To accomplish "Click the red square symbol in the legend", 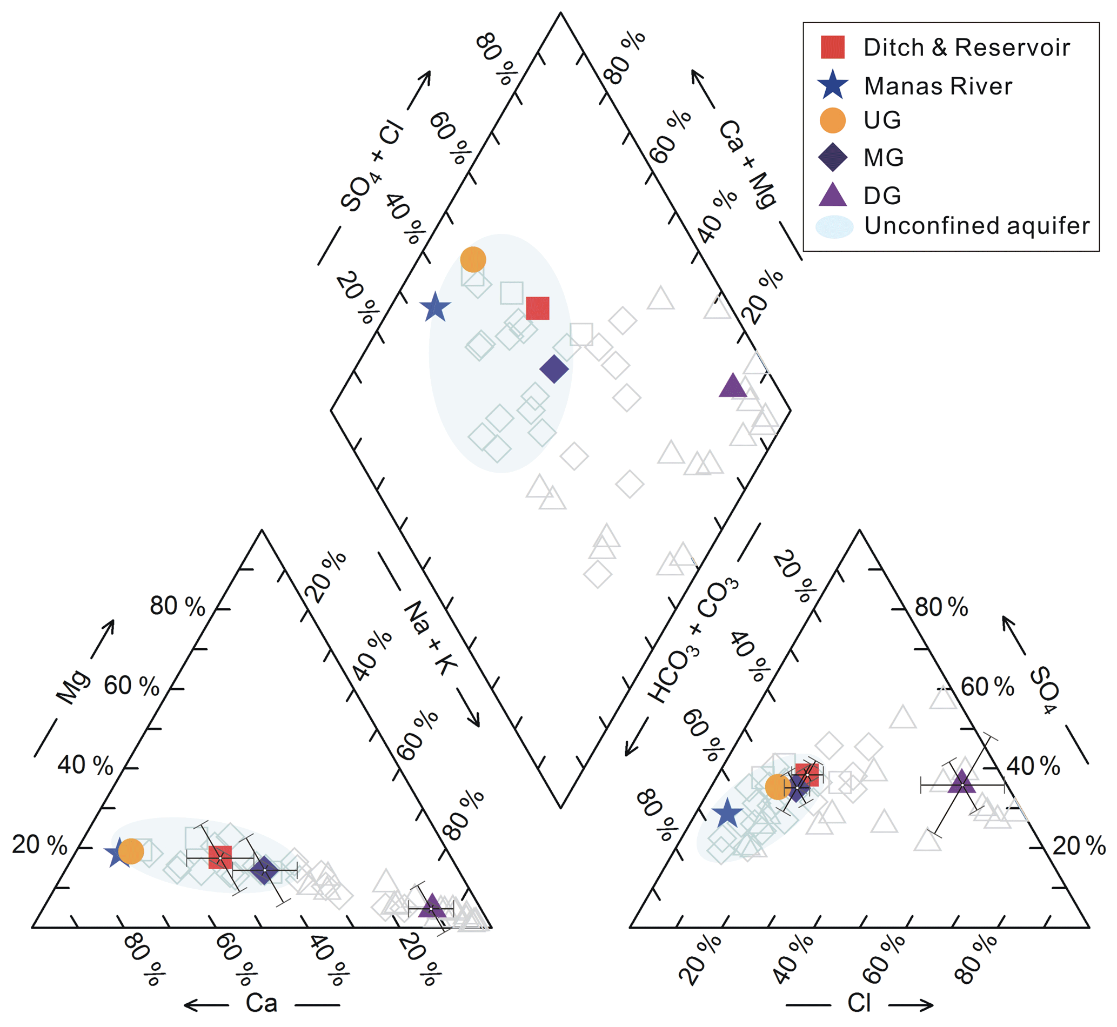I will point(832,47).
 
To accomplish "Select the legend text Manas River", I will point(938,86).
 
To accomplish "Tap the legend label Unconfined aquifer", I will point(976,226).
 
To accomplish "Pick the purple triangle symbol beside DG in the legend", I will point(833,195).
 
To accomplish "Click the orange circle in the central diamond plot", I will point(473,259).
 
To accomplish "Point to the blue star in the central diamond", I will point(435,307).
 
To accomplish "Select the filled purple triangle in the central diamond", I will point(732,386).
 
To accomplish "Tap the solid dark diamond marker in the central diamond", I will point(554,368).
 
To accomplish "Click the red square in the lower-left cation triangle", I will point(220,857).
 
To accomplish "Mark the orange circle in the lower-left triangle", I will point(131,851).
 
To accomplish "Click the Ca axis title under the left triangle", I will point(262,1003).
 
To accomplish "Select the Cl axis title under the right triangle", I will point(859,1003).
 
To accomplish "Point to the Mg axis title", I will point(74,687).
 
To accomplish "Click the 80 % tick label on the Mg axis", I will point(177,606).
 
